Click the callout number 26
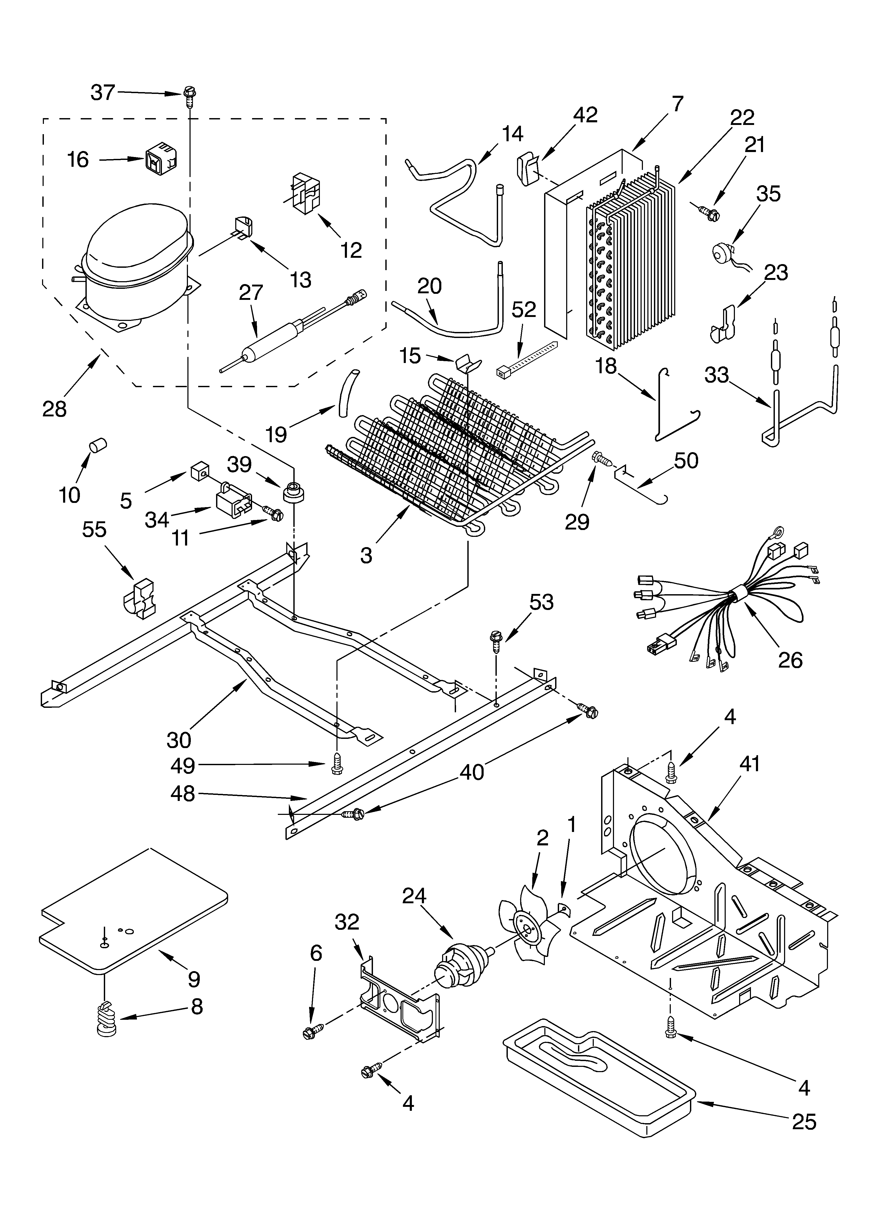[790, 659]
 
